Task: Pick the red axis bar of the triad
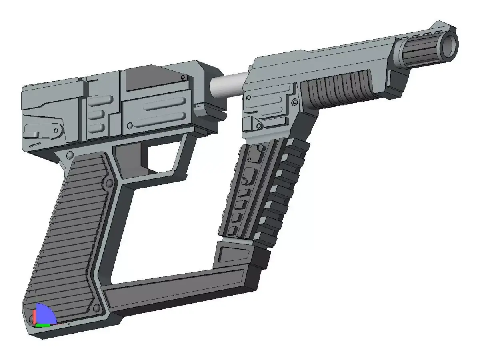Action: [x=35, y=317]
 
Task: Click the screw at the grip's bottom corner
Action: [x=96, y=308]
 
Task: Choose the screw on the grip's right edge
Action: [x=108, y=184]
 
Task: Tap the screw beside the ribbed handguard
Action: [x=295, y=103]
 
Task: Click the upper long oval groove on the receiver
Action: [x=164, y=105]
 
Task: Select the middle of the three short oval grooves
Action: [x=96, y=115]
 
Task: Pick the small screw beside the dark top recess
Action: [x=183, y=77]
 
